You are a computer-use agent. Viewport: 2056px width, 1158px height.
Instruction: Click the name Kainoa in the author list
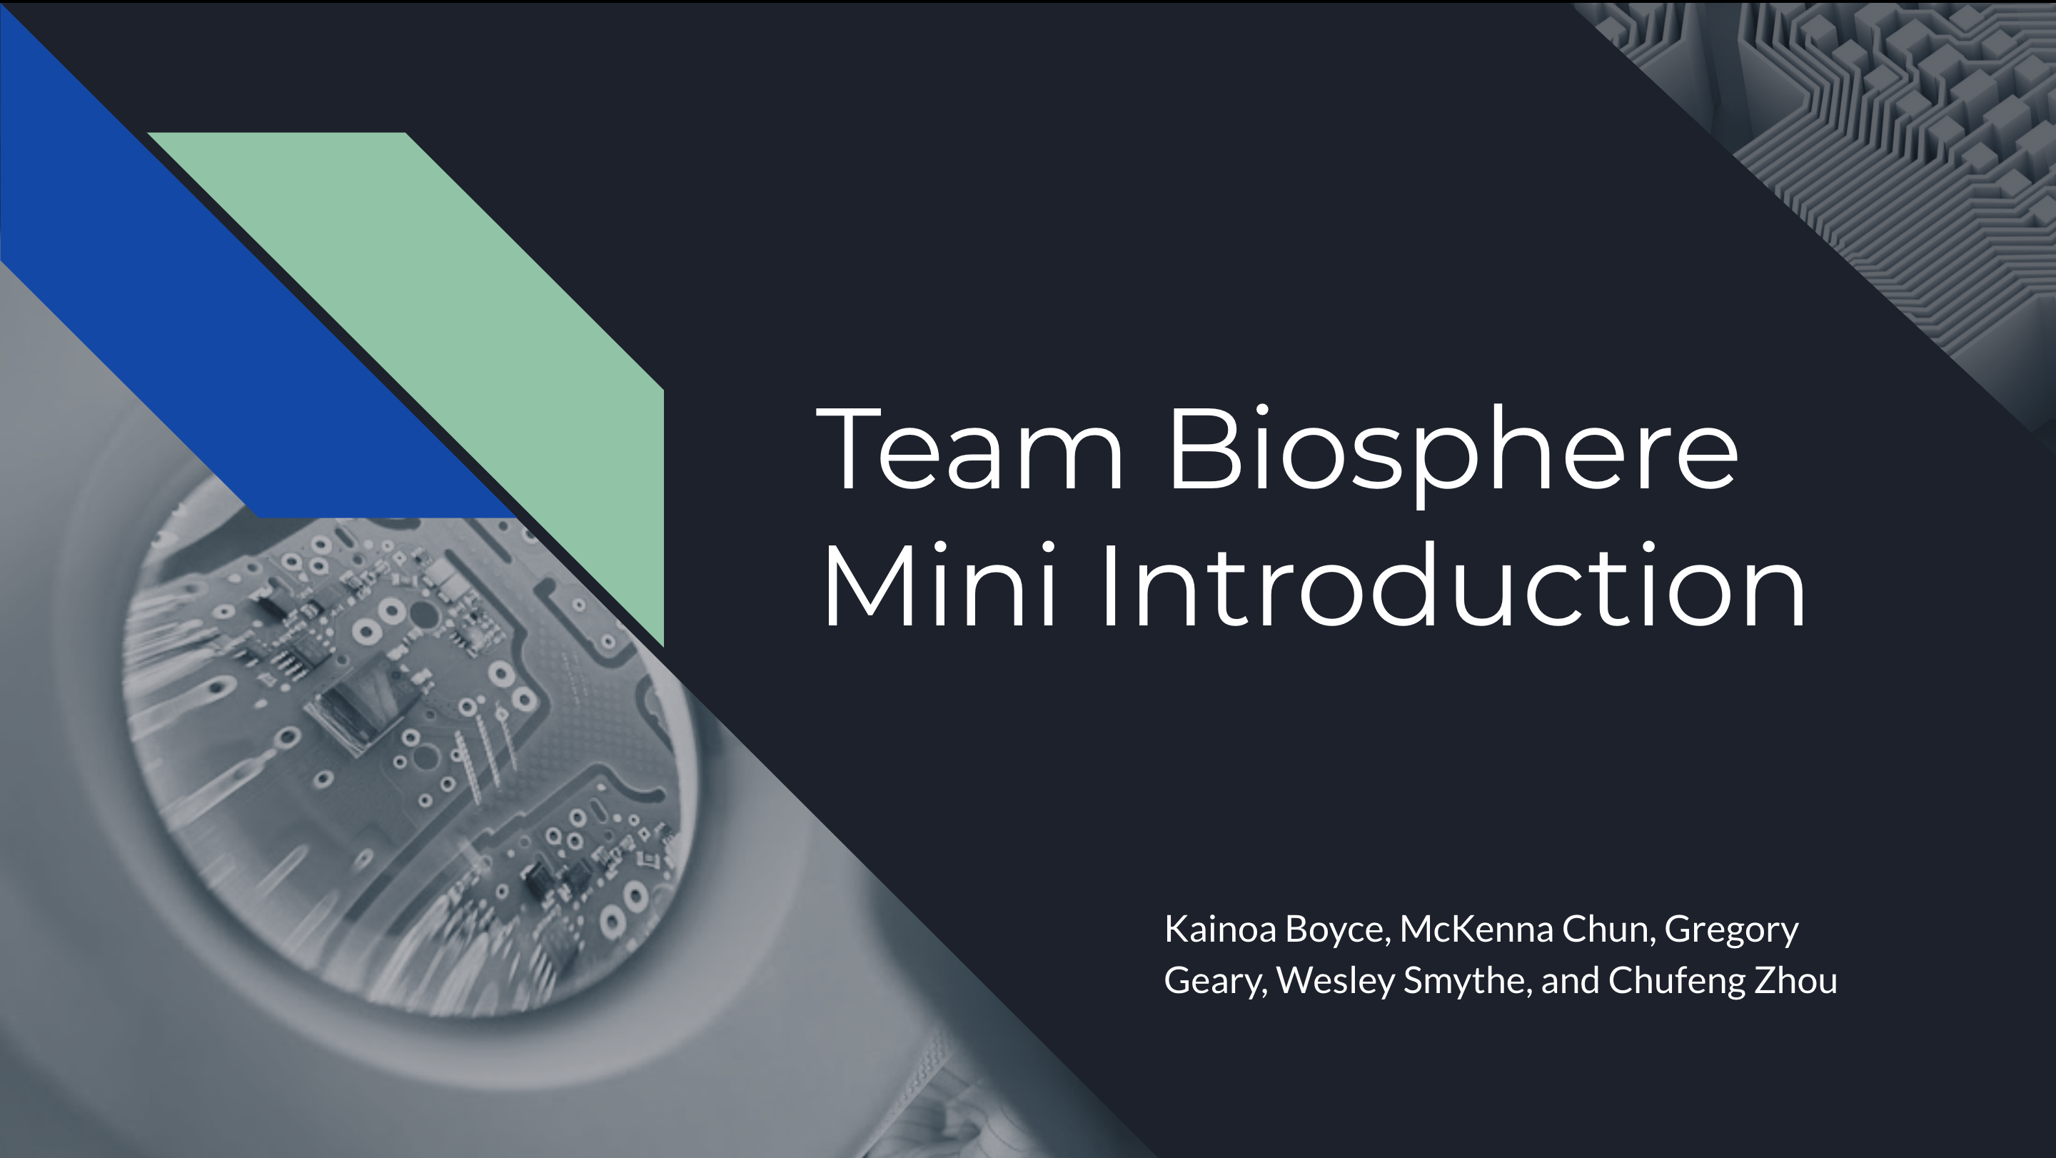pos(1220,929)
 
